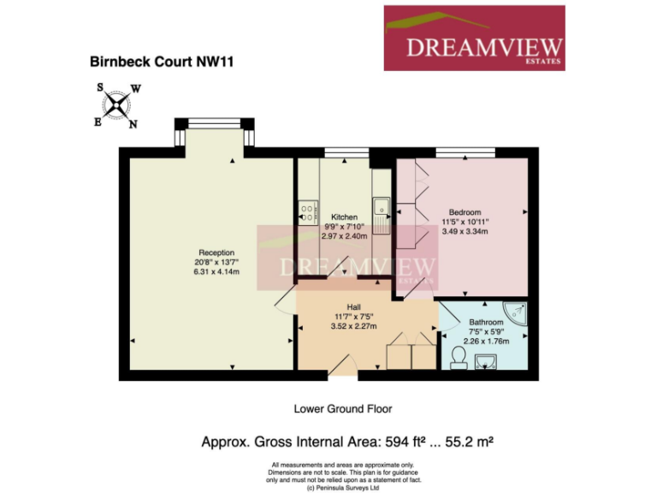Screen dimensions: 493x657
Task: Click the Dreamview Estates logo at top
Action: point(473,38)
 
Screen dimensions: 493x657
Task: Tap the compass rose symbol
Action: point(117,105)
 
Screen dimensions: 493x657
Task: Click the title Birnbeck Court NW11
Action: point(163,62)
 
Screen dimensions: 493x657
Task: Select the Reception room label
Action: point(216,252)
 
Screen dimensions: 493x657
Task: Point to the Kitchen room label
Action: point(344,217)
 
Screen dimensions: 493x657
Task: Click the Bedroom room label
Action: point(465,212)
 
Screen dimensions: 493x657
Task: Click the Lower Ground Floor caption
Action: point(342,409)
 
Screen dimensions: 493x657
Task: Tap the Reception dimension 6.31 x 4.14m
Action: point(216,272)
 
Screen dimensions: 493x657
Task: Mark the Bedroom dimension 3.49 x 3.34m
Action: point(465,232)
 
